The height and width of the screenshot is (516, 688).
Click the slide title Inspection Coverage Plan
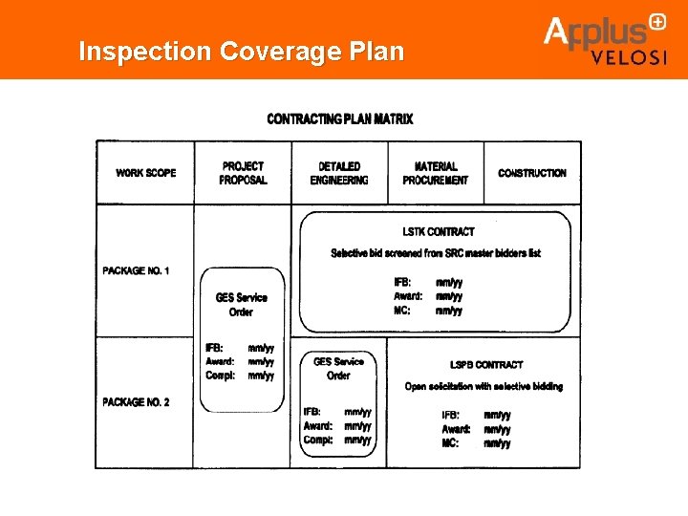point(241,51)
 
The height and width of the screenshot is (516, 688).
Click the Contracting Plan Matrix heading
point(340,119)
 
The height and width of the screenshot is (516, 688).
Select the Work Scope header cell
point(146,173)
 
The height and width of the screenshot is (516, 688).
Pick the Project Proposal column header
point(243,173)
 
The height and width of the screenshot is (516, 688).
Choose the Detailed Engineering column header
point(339,173)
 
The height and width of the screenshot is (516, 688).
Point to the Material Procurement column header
point(436,173)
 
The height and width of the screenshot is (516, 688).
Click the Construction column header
point(532,173)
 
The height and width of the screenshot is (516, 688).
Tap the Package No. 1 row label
point(137,271)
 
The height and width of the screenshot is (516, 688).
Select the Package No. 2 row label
point(137,402)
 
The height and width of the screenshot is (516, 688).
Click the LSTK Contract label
point(438,231)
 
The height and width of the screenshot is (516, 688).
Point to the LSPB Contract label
point(486,365)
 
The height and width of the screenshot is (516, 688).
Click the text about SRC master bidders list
point(436,253)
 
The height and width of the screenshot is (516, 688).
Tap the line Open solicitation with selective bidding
point(484,387)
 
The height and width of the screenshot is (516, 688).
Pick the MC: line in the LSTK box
point(402,311)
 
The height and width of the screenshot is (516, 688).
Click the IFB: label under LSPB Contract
point(451,416)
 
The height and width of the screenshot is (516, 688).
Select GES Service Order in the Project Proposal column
point(241,305)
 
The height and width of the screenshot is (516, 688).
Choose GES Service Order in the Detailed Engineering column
point(338,369)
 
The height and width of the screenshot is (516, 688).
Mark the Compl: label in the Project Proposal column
point(220,376)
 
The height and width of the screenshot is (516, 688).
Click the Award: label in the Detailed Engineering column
point(318,426)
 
